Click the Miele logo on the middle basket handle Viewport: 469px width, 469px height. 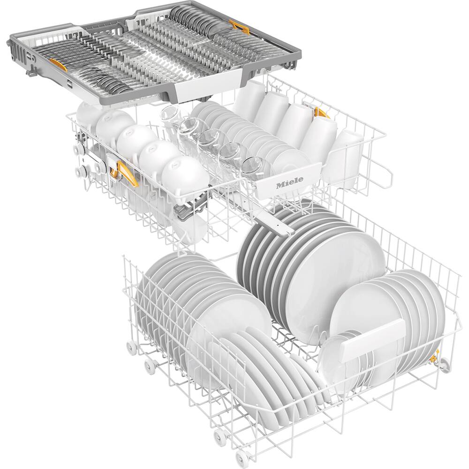point(289,181)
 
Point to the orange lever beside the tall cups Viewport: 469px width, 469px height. point(321,112)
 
